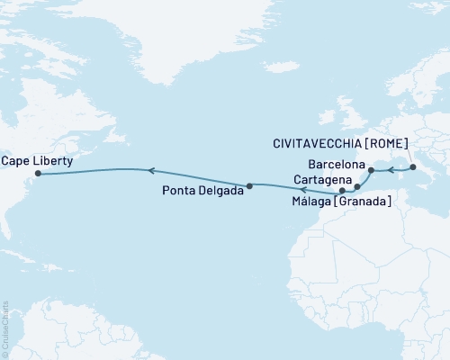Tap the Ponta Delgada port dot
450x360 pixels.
(249, 185)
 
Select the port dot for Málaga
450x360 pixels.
(342, 191)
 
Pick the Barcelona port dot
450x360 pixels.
(371, 169)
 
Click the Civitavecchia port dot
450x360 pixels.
(412, 166)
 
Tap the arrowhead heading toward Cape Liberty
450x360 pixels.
(151, 169)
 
